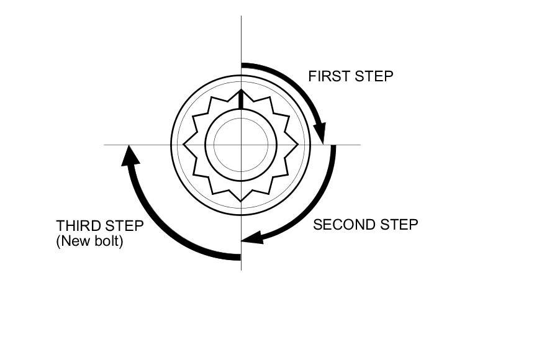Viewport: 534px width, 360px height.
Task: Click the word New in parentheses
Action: [76, 241]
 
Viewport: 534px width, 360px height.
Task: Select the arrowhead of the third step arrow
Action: [129, 155]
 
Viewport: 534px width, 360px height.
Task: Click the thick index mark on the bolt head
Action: [241, 99]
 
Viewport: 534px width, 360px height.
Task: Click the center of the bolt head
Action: [241, 145]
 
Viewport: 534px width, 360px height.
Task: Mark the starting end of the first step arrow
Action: [243, 65]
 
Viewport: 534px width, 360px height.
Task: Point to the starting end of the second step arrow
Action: [333, 147]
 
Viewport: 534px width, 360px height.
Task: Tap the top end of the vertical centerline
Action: [241, 16]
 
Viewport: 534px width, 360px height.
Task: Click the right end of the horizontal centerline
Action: [360, 145]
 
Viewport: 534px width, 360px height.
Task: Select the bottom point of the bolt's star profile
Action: [241, 201]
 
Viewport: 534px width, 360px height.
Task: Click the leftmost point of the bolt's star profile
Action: [184, 145]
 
